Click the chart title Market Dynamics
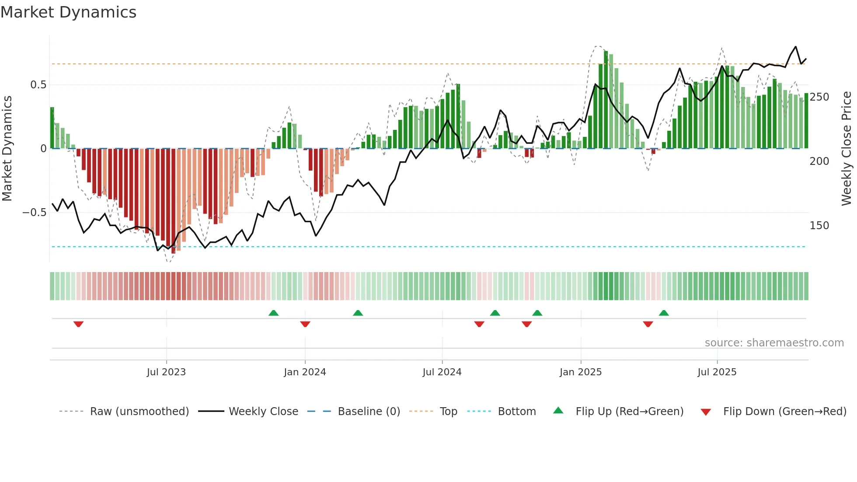tap(69, 12)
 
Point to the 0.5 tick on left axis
tap(38, 85)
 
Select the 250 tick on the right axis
tap(819, 97)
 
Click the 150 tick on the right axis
tap(819, 226)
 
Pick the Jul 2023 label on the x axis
tap(166, 372)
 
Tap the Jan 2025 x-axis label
tap(580, 372)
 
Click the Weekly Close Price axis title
tap(847, 149)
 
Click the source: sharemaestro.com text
tap(774, 343)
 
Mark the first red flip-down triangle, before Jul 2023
tap(78, 324)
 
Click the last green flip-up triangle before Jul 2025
tap(663, 313)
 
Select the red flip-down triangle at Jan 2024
tap(305, 324)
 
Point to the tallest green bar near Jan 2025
tap(606, 101)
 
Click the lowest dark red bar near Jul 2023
tap(173, 201)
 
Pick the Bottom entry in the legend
tap(516, 412)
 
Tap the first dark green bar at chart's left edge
tap(52, 128)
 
